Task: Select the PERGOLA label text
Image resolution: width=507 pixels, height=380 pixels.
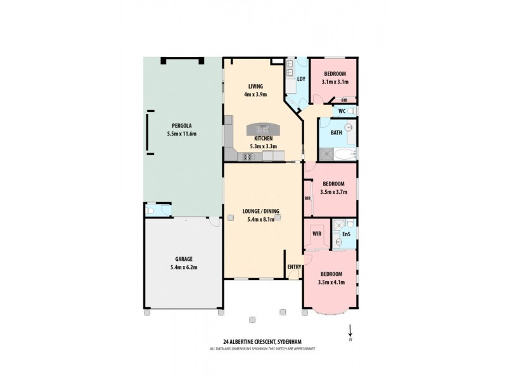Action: (x=182, y=125)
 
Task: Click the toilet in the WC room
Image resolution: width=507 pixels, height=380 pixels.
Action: (x=351, y=111)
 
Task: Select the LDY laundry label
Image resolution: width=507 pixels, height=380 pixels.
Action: (x=301, y=79)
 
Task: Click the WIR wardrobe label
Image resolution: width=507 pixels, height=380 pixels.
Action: (x=318, y=234)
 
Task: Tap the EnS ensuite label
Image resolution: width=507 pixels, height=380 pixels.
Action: (x=346, y=234)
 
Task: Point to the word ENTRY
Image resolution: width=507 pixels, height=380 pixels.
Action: (x=295, y=267)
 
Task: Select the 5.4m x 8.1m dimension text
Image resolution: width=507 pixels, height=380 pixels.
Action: (x=260, y=220)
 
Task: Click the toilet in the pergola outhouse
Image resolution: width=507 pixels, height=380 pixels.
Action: (x=152, y=210)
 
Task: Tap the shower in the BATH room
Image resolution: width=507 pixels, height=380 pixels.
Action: (x=327, y=153)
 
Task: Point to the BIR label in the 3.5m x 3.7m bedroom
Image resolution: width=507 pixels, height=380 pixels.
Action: (x=307, y=198)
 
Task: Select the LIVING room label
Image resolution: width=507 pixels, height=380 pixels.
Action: (x=255, y=87)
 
